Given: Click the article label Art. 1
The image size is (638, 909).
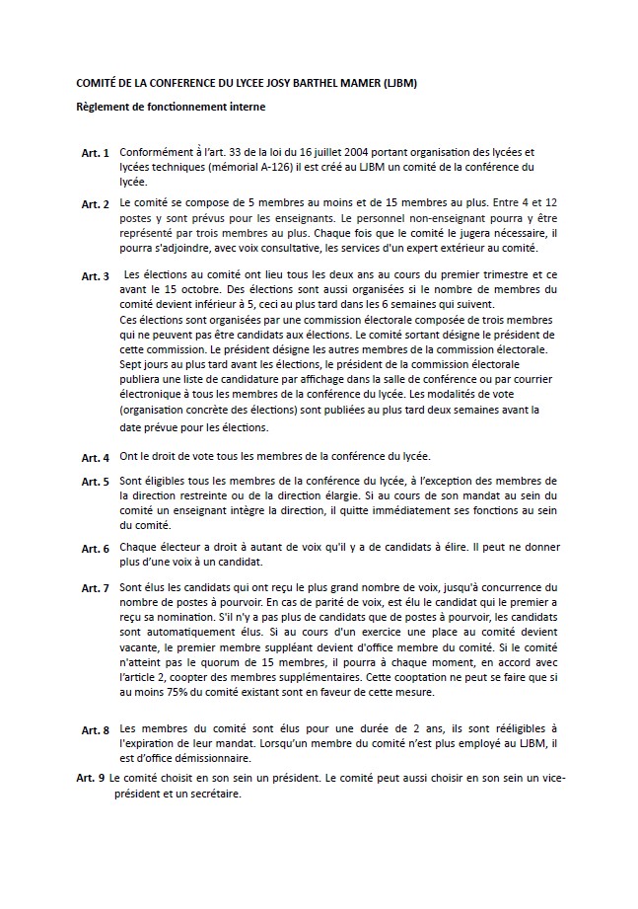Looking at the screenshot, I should pyautogui.click(x=95, y=155).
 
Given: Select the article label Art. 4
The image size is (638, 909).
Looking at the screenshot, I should pyautogui.click(x=95, y=458).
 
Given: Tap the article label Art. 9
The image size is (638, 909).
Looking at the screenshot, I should pyautogui.click(x=90, y=778).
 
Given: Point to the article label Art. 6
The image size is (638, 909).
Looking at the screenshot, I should pyautogui.click(x=95, y=549).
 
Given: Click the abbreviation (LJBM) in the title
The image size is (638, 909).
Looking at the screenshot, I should pyautogui.click(x=397, y=84).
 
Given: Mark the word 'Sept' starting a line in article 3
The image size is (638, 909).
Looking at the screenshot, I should pyautogui.click(x=129, y=362).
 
